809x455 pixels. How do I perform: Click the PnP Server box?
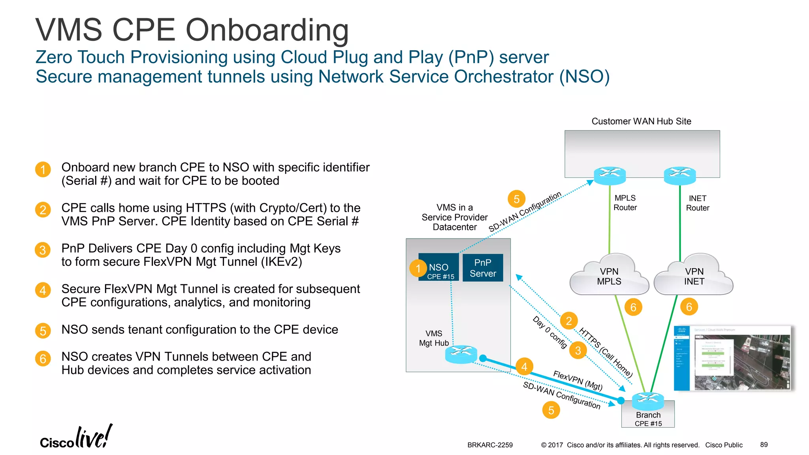483,268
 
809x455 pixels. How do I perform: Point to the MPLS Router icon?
610,175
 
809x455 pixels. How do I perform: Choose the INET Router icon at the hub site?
679,175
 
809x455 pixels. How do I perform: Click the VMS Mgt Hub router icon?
461,354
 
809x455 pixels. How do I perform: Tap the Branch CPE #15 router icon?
648,401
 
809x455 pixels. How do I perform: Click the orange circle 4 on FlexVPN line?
524,367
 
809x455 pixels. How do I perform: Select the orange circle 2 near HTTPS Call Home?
569,321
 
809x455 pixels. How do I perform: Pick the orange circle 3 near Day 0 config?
578,350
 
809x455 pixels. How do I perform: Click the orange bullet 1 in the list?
43,170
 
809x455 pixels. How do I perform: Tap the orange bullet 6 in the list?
43,359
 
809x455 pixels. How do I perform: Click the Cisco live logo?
76,438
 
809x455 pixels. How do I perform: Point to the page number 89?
764,445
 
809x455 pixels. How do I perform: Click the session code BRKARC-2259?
490,445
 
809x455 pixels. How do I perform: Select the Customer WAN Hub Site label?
641,121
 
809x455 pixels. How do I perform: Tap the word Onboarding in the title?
267,31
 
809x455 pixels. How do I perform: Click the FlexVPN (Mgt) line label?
578,381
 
